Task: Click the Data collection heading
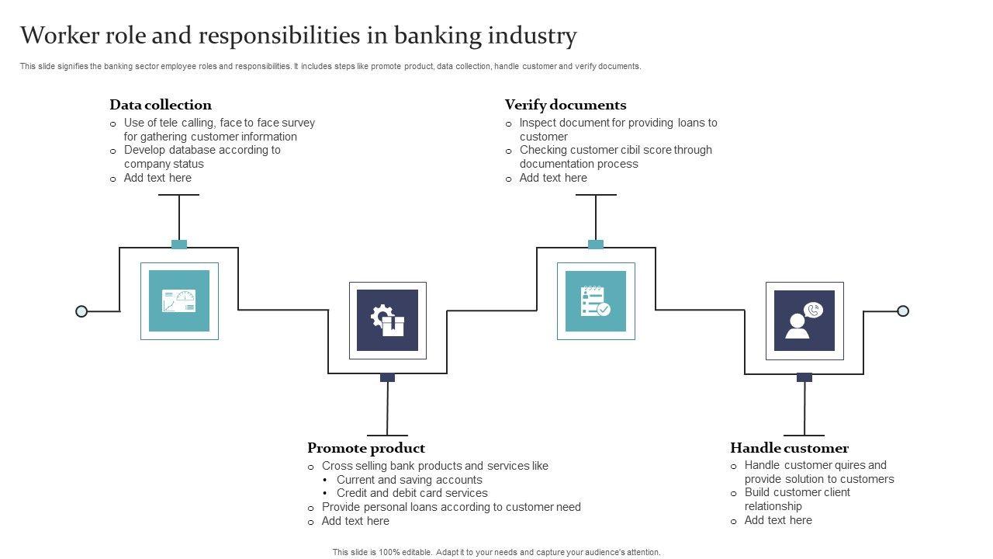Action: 161,105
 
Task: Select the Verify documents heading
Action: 566,105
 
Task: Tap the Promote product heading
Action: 366,448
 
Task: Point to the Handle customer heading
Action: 789,448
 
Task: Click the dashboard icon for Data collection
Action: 179,301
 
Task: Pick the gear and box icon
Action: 388,321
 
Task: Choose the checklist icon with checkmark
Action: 596,301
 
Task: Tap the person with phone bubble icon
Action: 804,321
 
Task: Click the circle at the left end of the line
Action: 81,311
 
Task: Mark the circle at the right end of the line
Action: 903,311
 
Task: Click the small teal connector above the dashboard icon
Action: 179,245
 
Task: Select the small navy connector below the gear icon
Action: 388,378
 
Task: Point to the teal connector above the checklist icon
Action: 596,245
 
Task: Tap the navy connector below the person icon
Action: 804,378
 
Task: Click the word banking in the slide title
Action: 436,36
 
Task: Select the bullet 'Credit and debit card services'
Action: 412,493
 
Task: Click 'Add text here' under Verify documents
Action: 553,178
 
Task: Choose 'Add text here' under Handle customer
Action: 778,520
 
